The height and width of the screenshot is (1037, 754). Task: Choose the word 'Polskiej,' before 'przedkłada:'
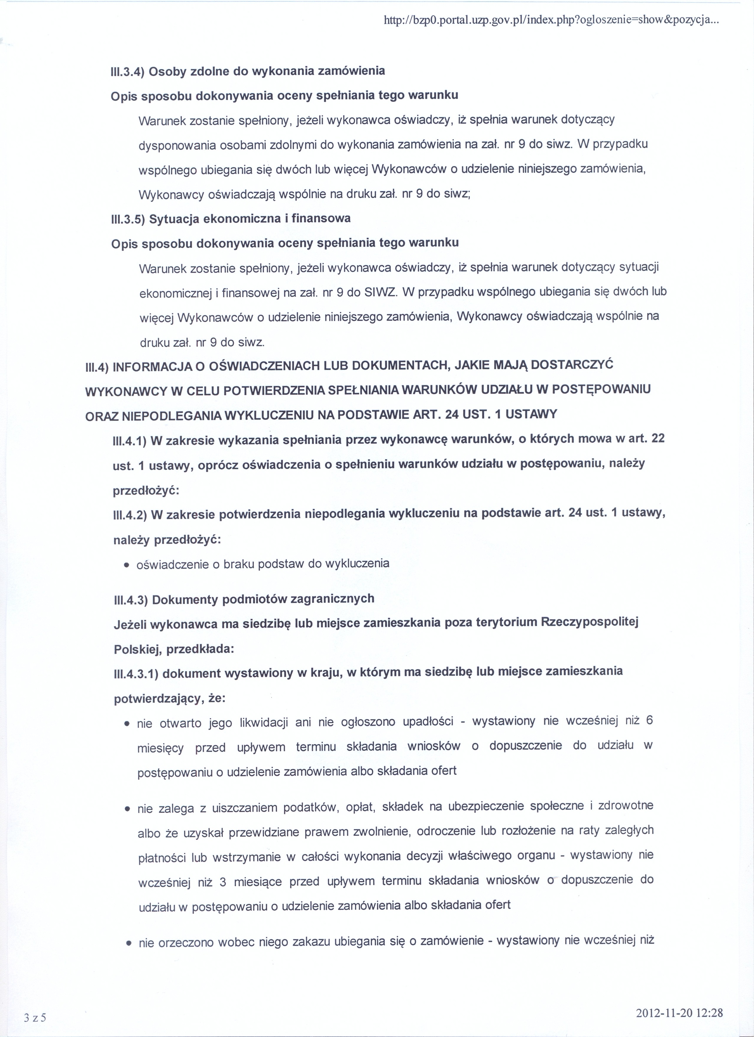coord(137,649)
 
